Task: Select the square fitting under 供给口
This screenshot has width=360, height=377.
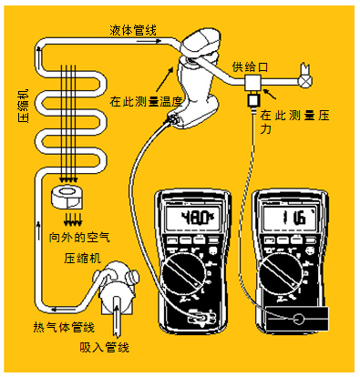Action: pyautogui.click(x=252, y=83)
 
